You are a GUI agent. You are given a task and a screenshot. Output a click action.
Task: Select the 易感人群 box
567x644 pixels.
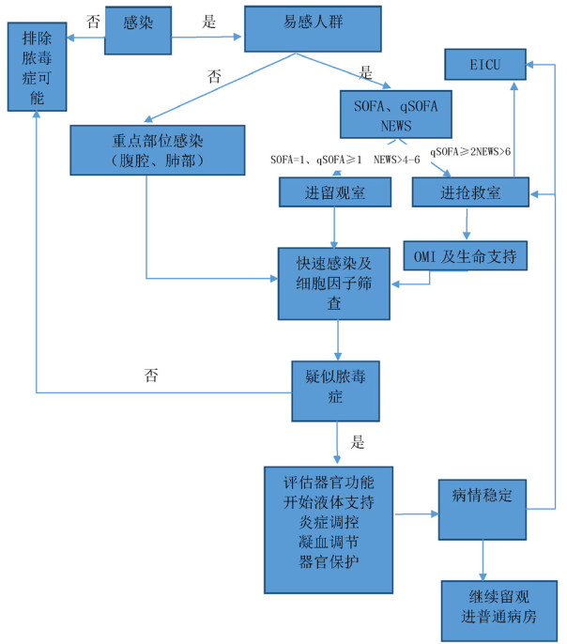click(x=313, y=30)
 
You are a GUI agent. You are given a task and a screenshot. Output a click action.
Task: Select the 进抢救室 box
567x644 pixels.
click(x=469, y=192)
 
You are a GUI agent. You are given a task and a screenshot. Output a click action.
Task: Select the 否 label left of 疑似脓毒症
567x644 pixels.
click(x=151, y=376)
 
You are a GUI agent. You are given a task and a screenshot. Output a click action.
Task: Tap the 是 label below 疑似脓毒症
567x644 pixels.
click(x=358, y=441)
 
